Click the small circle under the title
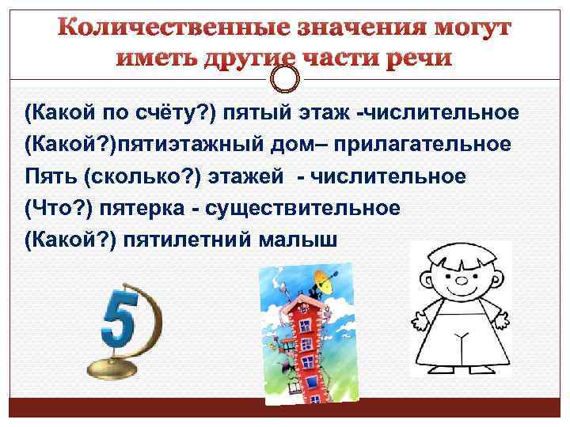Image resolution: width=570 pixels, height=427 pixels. click(x=285, y=77)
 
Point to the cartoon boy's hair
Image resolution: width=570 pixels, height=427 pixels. click(x=459, y=253)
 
